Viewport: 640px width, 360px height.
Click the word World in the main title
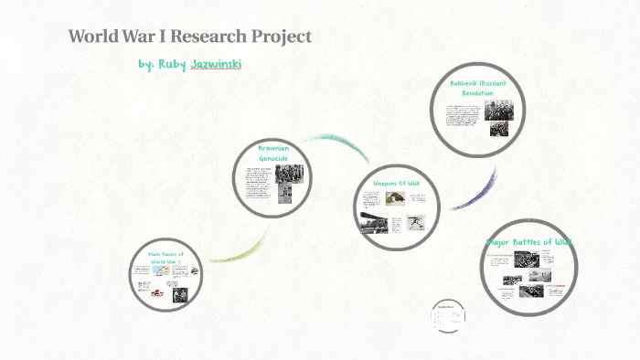point(92,37)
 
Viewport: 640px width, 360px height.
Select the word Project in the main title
point(283,37)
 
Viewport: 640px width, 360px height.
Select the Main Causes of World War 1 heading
point(167,257)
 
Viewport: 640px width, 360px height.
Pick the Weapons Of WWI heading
point(395,183)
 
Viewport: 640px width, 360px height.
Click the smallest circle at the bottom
point(446,314)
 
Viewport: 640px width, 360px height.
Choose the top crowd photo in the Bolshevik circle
point(498,111)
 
